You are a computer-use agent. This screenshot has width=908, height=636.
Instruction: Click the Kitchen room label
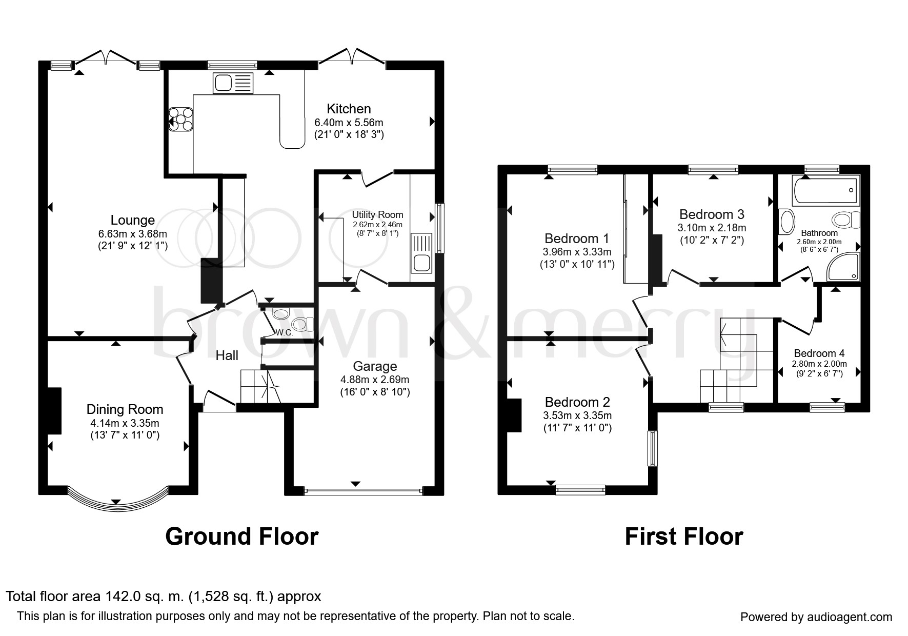coord(349,109)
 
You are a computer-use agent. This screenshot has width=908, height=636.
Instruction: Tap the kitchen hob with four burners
coord(181,119)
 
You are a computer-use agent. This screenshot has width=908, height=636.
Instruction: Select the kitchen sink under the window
coord(233,83)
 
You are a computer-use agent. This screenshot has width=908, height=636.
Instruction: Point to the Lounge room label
coord(133,220)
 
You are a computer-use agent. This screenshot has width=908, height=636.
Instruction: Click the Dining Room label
coord(125,409)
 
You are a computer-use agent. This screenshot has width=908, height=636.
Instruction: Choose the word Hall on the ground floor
coord(227,355)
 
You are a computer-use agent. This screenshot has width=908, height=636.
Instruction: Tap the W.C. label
coord(284,332)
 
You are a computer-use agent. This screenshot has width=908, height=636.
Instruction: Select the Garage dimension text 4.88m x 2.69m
coord(375,380)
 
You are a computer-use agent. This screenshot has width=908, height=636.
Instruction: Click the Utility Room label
coord(377,214)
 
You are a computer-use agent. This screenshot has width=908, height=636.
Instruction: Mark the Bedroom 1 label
coord(577,239)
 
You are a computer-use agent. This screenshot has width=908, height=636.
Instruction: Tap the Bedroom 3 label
coord(712,214)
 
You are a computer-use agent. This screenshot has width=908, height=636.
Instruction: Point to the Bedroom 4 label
coord(819,353)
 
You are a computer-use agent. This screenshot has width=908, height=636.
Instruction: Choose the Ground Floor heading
coord(242,536)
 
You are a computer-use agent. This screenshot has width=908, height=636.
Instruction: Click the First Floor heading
coord(683,536)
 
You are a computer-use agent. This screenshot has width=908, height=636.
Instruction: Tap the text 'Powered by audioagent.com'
coord(816,617)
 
